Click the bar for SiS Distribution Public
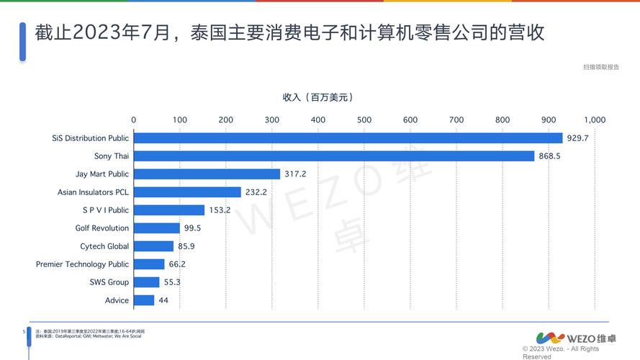pos(348,138)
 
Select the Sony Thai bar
pos(333,156)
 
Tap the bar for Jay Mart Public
pos(207,174)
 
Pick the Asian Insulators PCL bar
pos(187,192)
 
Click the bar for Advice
pos(144,300)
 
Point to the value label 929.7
pos(577,138)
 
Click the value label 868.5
pos(549,156)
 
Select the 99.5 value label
pos(192,228)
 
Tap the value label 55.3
pos(171,282)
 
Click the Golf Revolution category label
pos(102,228)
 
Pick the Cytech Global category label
pos(104,246)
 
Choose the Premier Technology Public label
pos(83,264)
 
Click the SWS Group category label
pos(109,282)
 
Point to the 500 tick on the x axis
pos(364,120)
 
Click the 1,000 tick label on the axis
pos(595,120)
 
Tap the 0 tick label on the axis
pos(133,120)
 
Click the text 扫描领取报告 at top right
pos(601,67)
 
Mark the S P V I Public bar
pos(169,210)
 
